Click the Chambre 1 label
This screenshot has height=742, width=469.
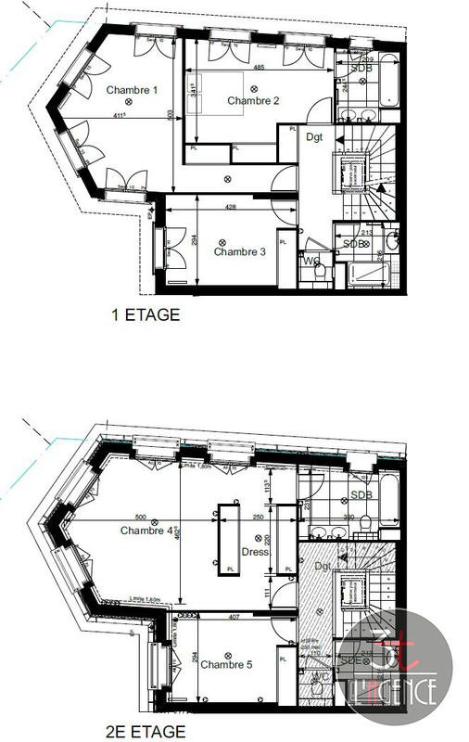pyautogui.click(x=132, y=90)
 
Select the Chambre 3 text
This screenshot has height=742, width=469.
pyautogui.click(x=240, y=251)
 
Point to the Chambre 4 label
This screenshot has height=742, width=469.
pyautogui.click(x=146, y=531)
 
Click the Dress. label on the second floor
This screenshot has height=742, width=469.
pyautogui.click(x=255, y=552)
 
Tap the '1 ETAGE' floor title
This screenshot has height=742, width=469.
pyautogui.click(x=145, y=315)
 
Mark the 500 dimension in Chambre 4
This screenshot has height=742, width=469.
pyautogui.click(x=141, y=518)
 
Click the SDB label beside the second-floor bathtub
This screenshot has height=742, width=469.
pyautogui.click(x=361, y=495)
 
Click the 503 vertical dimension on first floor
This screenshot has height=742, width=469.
pyautogui.click(x=171, y=116)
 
